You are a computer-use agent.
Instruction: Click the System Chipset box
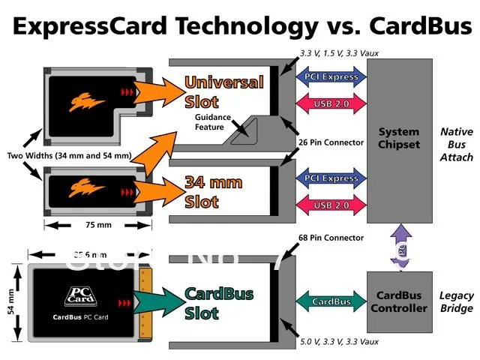point(399,139)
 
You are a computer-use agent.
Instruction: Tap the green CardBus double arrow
point(331,301)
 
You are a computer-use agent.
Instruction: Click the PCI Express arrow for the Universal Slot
point(331,76)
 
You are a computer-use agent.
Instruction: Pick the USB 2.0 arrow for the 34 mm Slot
point(331,205)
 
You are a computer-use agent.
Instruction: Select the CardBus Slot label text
point(218,302)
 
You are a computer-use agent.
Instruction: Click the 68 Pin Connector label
point(331,238)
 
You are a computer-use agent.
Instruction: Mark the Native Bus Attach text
point(456,145)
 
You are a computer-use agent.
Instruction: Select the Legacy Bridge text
point(456,301)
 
